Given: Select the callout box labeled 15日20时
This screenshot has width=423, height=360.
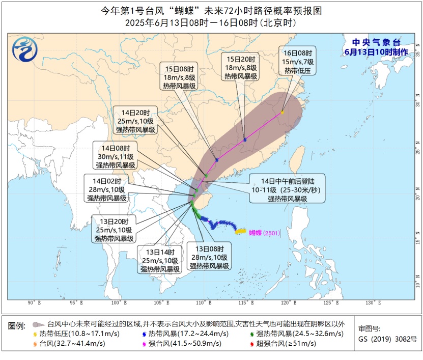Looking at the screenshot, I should pos(241,67).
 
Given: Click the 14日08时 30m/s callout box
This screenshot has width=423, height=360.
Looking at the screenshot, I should pos(116,156).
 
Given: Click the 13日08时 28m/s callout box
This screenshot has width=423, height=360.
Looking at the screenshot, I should pos(210,258).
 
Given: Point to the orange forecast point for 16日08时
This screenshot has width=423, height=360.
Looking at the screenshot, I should pos(282,112).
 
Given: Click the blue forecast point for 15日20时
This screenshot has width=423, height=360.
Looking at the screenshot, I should pos(245,140).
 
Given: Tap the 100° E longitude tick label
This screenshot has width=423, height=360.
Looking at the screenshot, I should pos(119,303).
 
